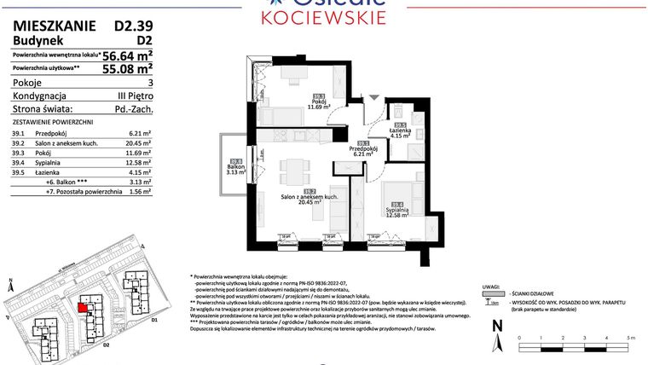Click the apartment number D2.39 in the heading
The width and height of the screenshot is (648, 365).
point(133,26)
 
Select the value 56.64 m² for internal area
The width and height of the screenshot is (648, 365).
point(127,55)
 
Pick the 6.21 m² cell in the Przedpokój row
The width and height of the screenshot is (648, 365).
point(141,133)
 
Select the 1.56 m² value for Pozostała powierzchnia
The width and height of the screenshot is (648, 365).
point(140,192)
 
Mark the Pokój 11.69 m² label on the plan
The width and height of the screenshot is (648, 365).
point(318,103)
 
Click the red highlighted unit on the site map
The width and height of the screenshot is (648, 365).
point(83,308)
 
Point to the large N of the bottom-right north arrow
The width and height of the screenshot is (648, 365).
point(497,324)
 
